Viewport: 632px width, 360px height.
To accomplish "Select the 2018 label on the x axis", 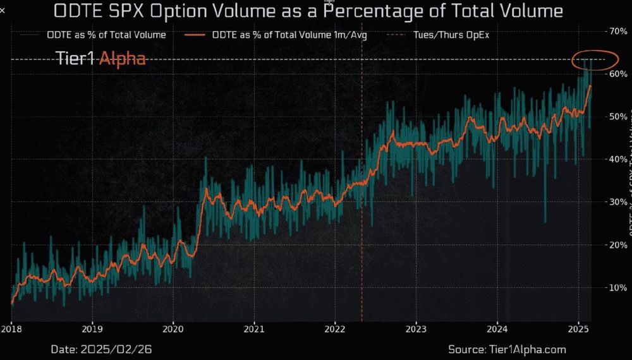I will click(11, 328).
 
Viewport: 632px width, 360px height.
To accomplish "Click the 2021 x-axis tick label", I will click(253, 328).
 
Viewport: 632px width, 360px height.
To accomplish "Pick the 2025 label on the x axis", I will click(578, 328).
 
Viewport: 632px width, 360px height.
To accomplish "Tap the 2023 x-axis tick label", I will click(416, 328).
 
